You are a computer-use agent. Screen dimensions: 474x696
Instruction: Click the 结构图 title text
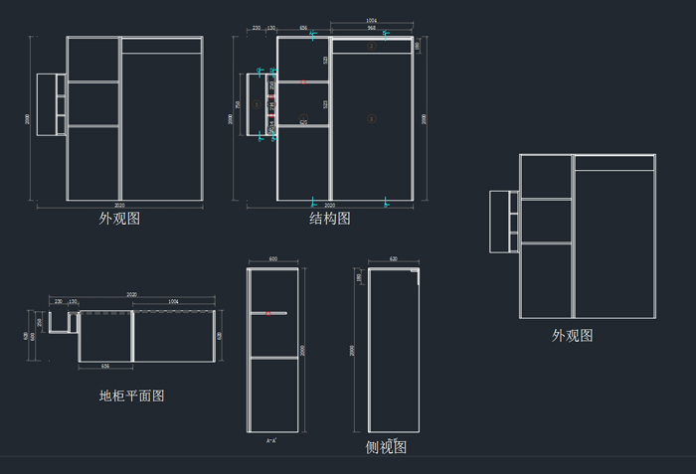click(x=329, y=218)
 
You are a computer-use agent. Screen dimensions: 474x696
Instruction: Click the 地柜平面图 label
click(x=131, y=395)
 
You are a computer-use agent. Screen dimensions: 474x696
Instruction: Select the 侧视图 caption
click(x=386, y=448)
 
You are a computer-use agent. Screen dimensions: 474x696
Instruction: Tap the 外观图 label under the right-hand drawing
click(x=573, y=336)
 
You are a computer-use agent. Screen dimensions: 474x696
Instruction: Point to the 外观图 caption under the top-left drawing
click(x=119, y=218)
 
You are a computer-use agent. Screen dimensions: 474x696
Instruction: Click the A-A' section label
click(x=271, y=439)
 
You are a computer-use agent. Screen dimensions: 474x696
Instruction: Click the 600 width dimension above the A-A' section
click(x=273, y=260)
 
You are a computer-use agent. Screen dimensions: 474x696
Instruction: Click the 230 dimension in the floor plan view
click(x=59, y=300)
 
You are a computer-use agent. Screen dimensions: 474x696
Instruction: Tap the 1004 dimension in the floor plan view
click(x=174, y=300)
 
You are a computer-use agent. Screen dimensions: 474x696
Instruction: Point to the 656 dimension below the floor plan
click(x=104, y=367)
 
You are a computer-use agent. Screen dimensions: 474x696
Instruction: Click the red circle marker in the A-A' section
click(x=267, y=314)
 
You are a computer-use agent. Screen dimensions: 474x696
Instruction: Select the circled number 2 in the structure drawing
click(x=372, y=46)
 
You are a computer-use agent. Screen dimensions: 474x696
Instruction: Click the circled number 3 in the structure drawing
click(x=372, y=118)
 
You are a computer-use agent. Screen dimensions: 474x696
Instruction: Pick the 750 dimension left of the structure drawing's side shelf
click(x=238, y=103)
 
